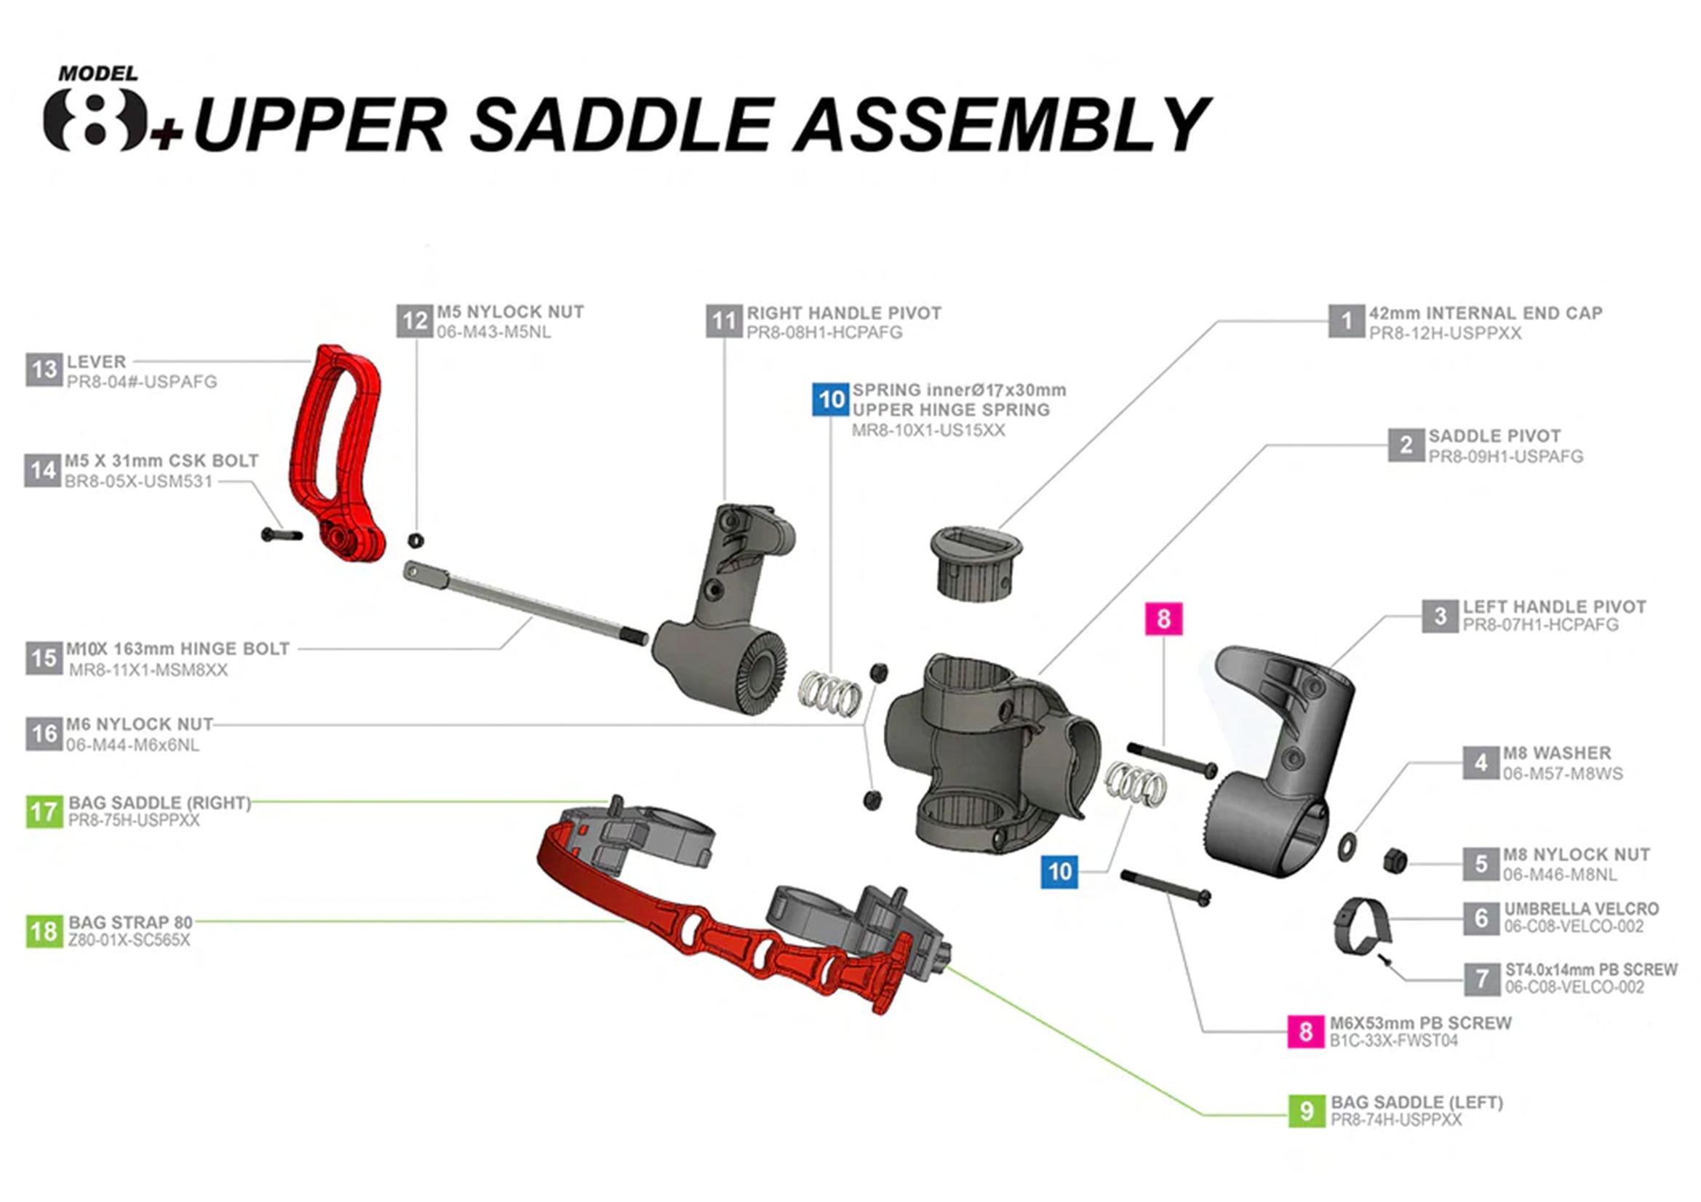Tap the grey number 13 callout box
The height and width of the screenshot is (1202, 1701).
point(44,370)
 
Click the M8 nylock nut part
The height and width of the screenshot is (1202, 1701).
point(1395,860)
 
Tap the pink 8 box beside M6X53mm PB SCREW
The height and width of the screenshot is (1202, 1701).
point(1306,1031)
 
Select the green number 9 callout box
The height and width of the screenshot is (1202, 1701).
point(1306,1111)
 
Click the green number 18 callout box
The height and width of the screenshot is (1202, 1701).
point(44,931)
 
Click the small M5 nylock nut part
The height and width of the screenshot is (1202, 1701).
point(416,540)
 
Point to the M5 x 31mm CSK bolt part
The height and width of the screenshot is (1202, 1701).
point(282,534)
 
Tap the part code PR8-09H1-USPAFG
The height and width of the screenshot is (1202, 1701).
point(1505,457)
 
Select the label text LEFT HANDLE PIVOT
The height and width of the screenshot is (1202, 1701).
point(1553,606)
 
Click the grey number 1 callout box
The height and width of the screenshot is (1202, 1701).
point(1346,321)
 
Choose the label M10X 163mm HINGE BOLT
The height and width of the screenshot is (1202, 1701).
point(178,649)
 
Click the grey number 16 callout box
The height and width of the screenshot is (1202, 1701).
point(44,734)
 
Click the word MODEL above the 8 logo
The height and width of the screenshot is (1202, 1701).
point(97,74)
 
